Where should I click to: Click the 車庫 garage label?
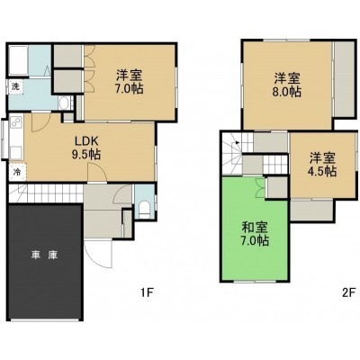click(x=44, y=256)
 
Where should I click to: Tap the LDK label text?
click(x=86, y=140)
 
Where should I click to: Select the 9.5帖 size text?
click(x=85, y=154)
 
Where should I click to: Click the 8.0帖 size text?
click(x=286, y=92)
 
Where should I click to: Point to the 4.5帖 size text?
click(x=321, y=171)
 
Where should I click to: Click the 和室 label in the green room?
click(x=255, y=228)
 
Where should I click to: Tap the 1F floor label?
click(x=147, y=292)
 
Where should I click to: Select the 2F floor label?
click(x=348, y=292)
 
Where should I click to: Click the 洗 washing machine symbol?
click(x=15, y=87)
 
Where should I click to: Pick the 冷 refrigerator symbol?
click(x=17, y=173)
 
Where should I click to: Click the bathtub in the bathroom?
click(x=19, y=60)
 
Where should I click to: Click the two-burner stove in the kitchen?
click(x=16, y=123)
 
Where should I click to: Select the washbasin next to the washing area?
click(x=64, y=103)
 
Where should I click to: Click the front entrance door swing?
click(x=97, y=254)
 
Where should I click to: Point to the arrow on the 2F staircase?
click(x=238, y=143)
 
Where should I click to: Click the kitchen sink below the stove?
click(x=16, y=152)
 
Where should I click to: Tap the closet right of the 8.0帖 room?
click(x=345, y=79)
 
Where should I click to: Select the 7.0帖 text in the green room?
click(x=255, y=240)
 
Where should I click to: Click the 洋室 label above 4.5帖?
click(x=322, y=157)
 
